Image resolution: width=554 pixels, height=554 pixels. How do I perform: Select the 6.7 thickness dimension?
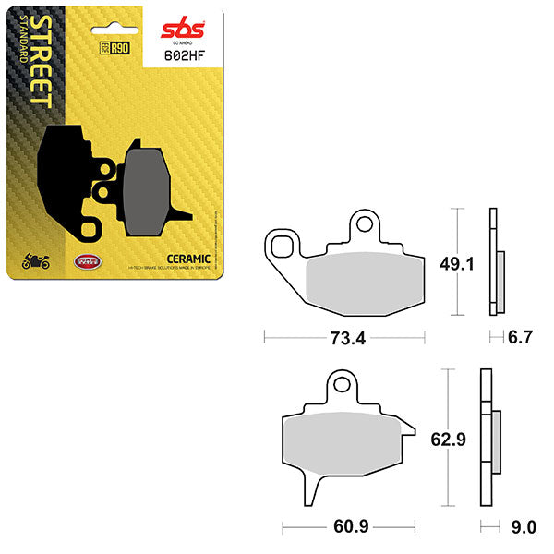click(521, 339)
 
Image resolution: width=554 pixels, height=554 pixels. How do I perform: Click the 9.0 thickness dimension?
click(522, 528)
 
